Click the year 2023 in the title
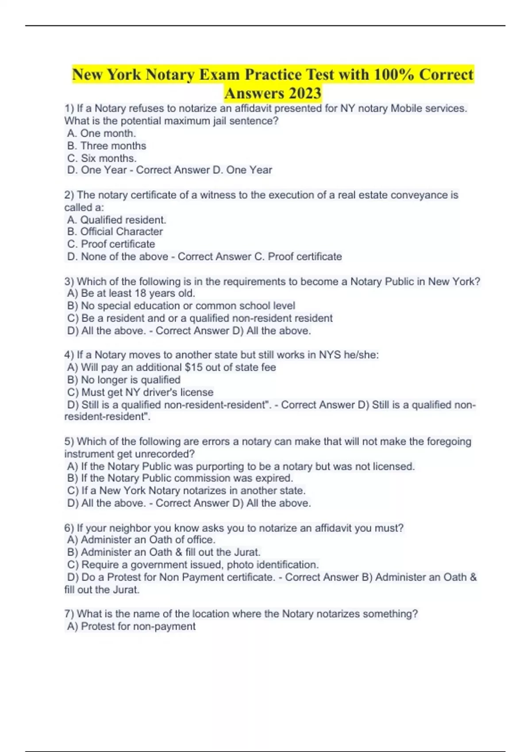point(305,93)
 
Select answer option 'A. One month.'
point(101,133)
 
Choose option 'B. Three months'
point(107,146)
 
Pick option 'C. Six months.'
point(102,158)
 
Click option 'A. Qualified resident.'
point(116,220)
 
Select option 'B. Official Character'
point(115,231)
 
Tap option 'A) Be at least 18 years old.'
point(131,293)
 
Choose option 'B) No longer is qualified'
point(124,380)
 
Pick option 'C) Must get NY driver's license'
point(140,392)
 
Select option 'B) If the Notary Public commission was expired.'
point(180,478)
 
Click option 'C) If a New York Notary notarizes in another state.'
point(186,491)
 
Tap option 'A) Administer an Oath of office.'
point(141,540)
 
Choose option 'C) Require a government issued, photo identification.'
point(193,564)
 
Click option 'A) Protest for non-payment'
point(131,626)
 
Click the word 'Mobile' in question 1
point(407,108)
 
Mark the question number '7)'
point(69,614)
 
